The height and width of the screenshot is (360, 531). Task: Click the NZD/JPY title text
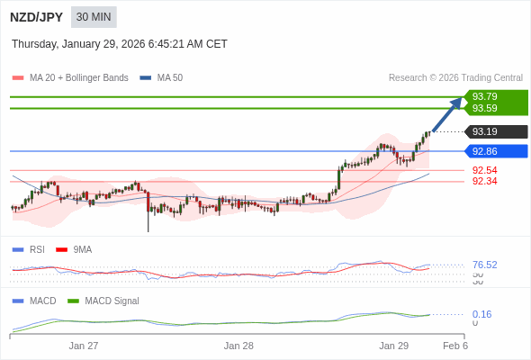point(36,17)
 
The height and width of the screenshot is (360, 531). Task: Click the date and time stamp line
point(120,44)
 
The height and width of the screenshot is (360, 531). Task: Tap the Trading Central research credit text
point(455,78)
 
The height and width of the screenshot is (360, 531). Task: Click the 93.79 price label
point(484,96)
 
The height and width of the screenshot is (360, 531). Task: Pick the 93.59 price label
point(484,108)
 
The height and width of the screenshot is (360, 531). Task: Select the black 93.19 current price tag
point(484,131)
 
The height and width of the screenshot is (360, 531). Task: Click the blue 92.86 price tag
point(484,151)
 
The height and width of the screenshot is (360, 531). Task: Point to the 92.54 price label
point(484,170)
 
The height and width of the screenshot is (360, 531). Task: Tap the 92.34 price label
point(484,181)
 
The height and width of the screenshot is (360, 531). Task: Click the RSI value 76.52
point(484,265)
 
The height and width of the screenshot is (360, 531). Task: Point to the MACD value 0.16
point(481,314)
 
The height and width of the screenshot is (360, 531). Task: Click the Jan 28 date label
point(238,346)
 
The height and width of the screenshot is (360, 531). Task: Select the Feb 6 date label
point(455,346)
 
